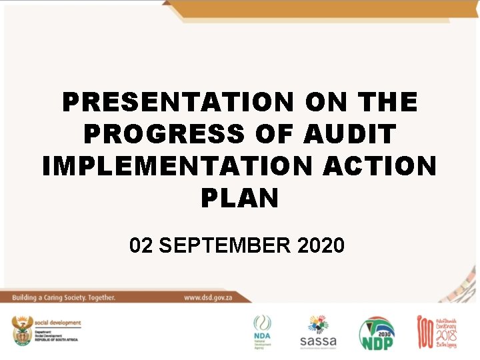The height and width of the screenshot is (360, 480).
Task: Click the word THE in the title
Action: coord(387,103)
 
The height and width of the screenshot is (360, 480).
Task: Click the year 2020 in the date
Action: coord(322,245)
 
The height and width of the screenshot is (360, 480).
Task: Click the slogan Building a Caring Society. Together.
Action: coord(63,297)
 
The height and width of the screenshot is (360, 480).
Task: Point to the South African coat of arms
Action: coord(22,331)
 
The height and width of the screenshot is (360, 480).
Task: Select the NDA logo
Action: coord(263,331)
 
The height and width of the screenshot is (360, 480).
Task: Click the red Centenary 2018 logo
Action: coord(441,331)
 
